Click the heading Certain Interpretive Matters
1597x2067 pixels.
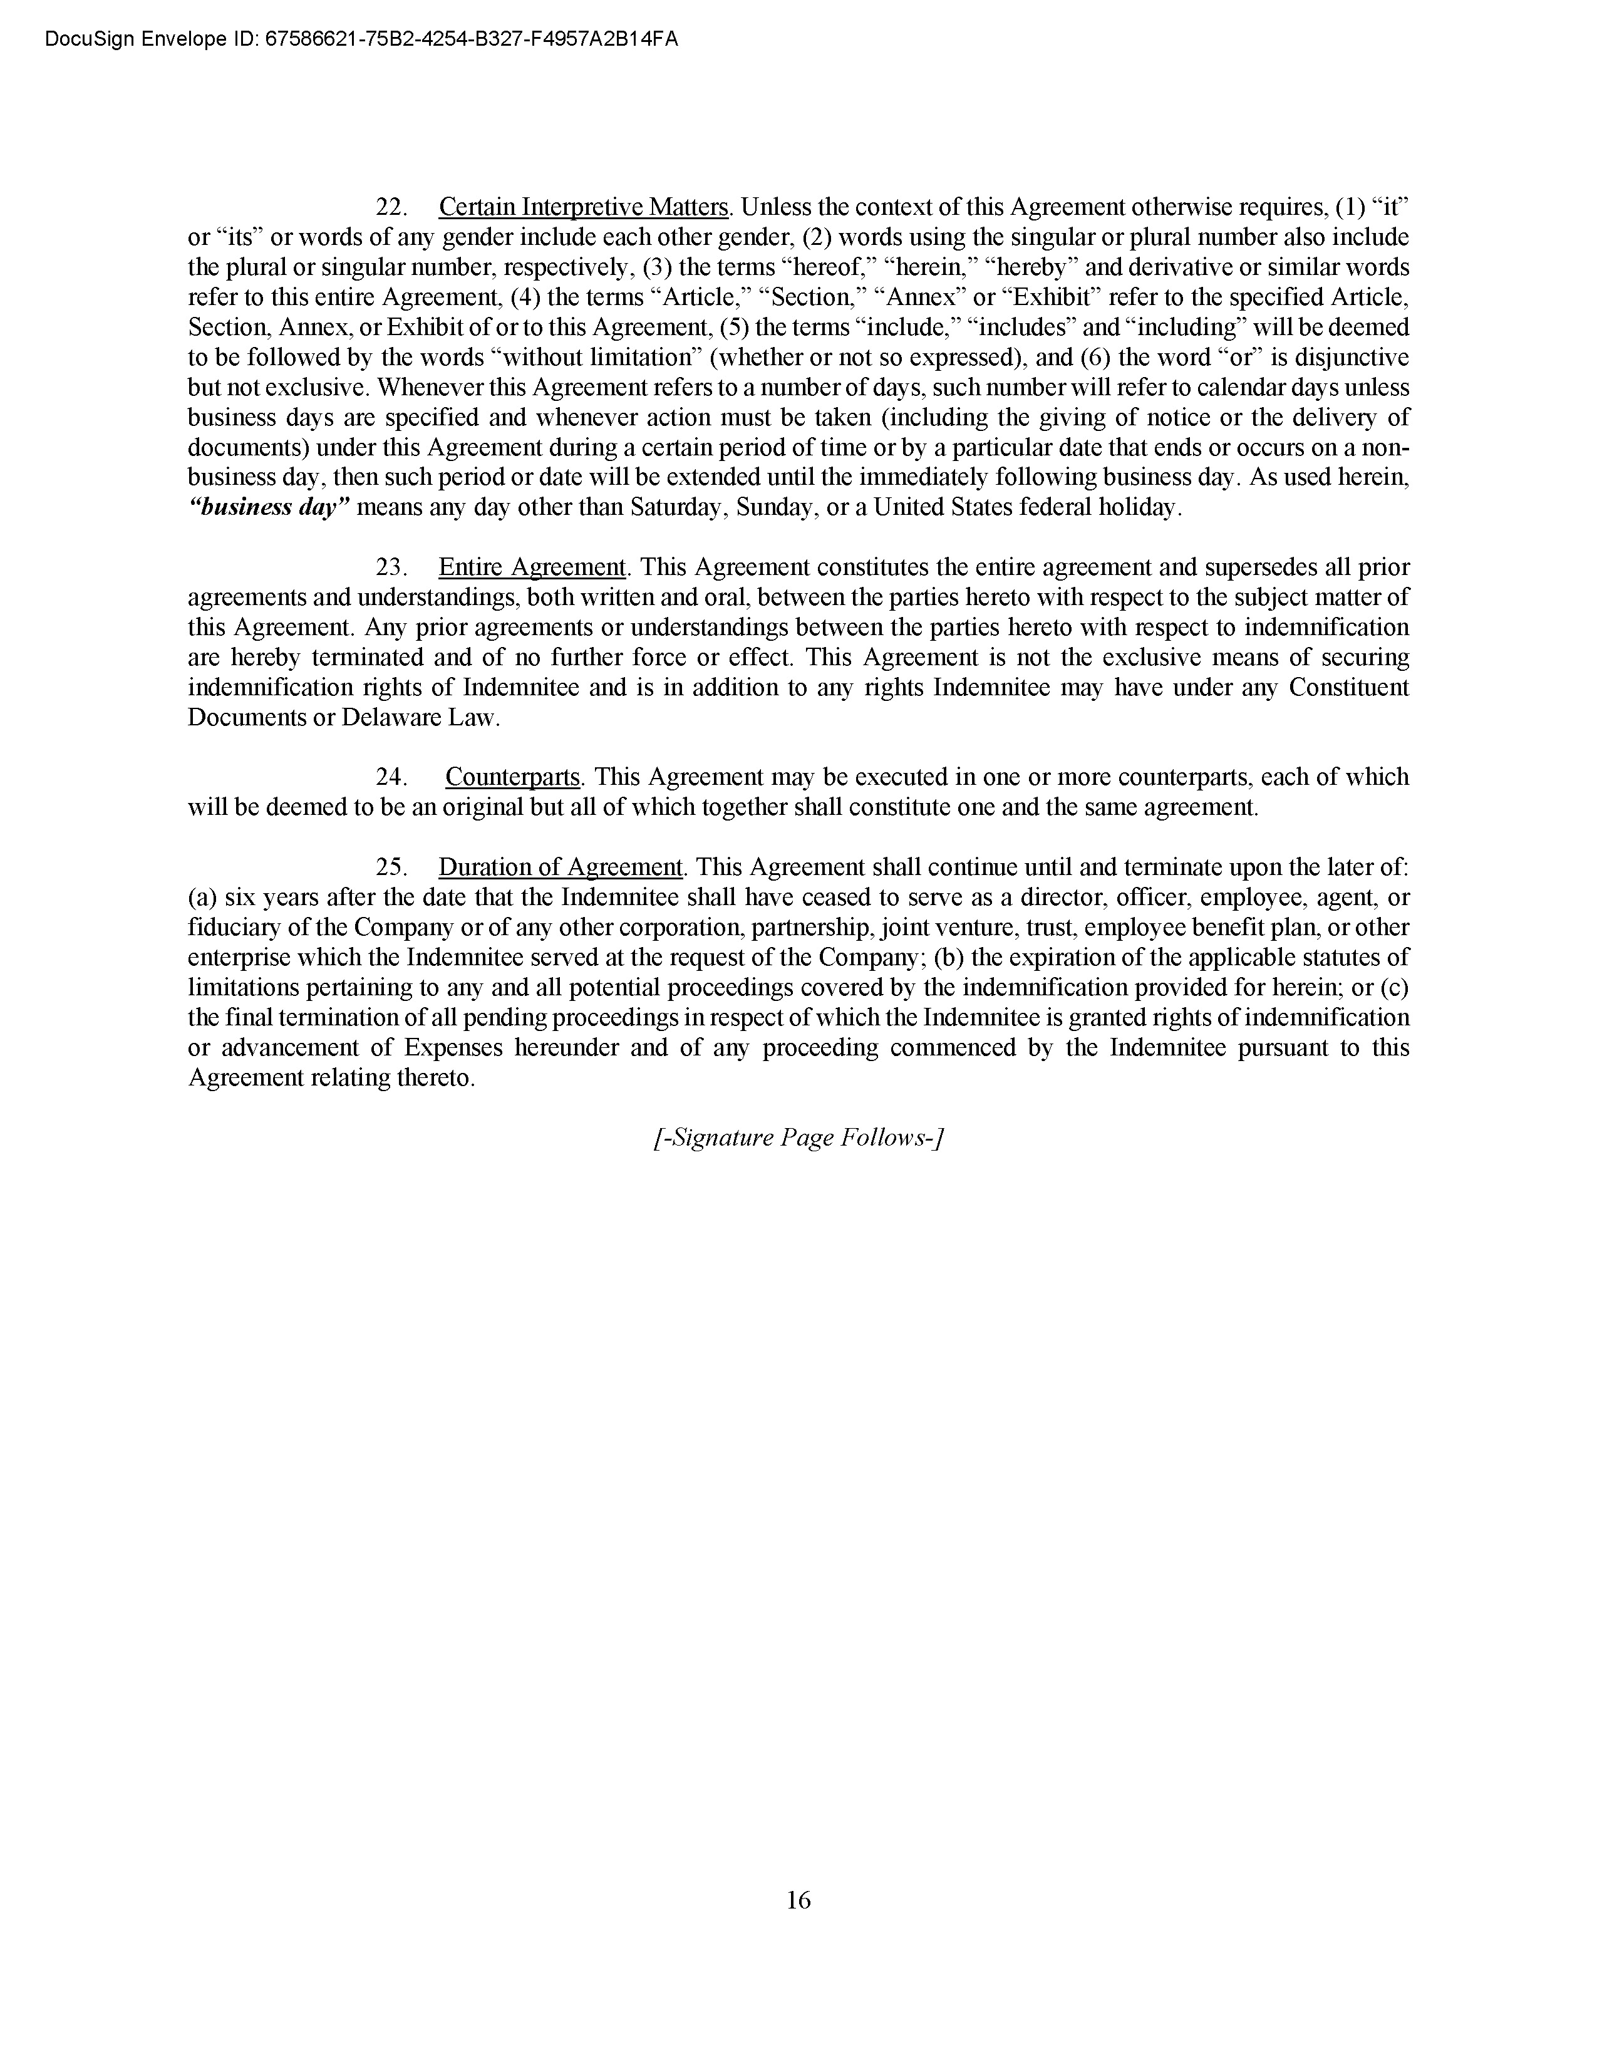click(x=585, y=207)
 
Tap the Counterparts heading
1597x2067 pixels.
click(x=512, y=777)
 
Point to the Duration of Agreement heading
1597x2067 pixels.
click(x=560, y=868)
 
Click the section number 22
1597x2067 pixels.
click(x=391, y=207)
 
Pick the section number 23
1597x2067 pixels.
click(x=391, y=568)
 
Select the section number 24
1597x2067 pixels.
click(x=391, y=777)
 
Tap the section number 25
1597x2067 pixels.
click(x=391, y=868)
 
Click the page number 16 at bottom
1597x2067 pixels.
click(x=797, y=1900)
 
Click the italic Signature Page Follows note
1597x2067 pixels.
click(x=798, y=1137)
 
